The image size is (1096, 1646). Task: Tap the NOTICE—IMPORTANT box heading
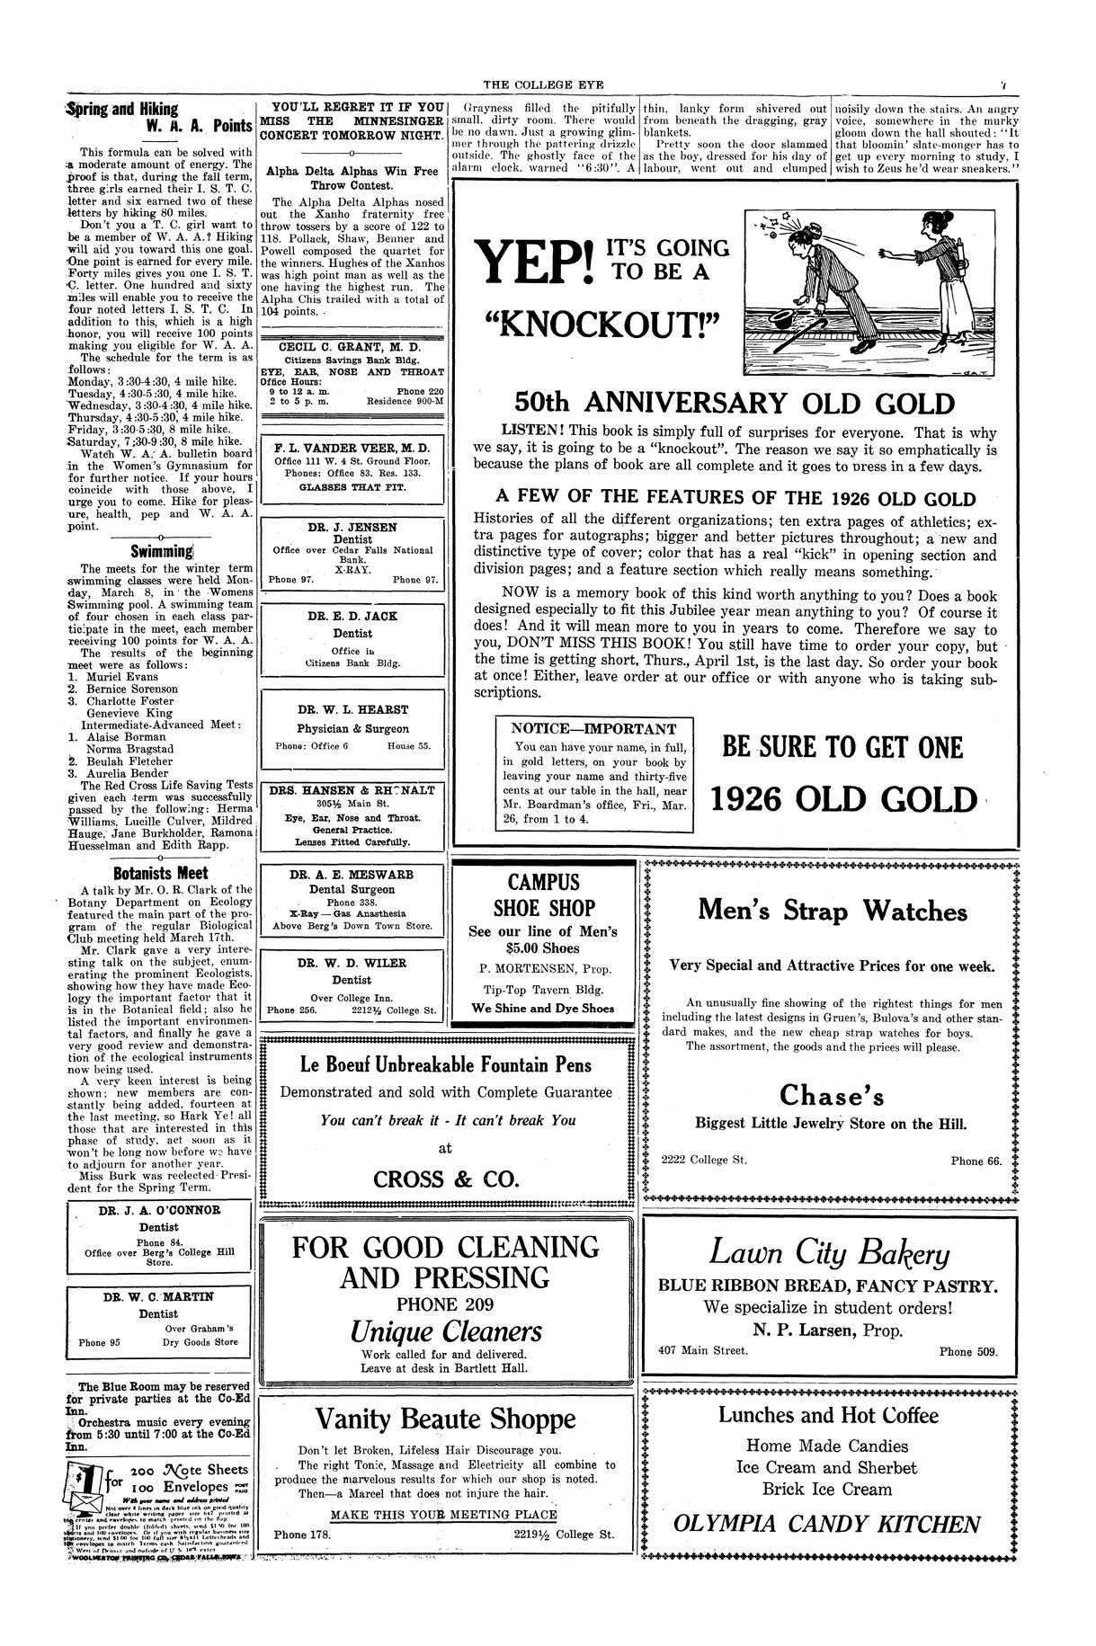pos(593,729)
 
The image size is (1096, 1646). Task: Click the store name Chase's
pos(832,1095)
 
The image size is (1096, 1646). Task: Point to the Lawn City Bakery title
pos(829,1252)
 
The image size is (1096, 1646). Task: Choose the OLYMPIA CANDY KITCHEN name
pos(828,1524)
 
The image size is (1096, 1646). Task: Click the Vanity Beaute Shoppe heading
pos(445,1419)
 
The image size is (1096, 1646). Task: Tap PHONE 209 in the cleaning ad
pos(445,1304)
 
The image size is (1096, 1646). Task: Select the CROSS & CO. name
pos(445,1178)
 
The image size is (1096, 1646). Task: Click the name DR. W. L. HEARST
pos(352,709)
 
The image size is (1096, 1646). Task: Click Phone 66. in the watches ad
pos(976,1161)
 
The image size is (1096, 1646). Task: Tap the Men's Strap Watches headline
pos(833,911)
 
